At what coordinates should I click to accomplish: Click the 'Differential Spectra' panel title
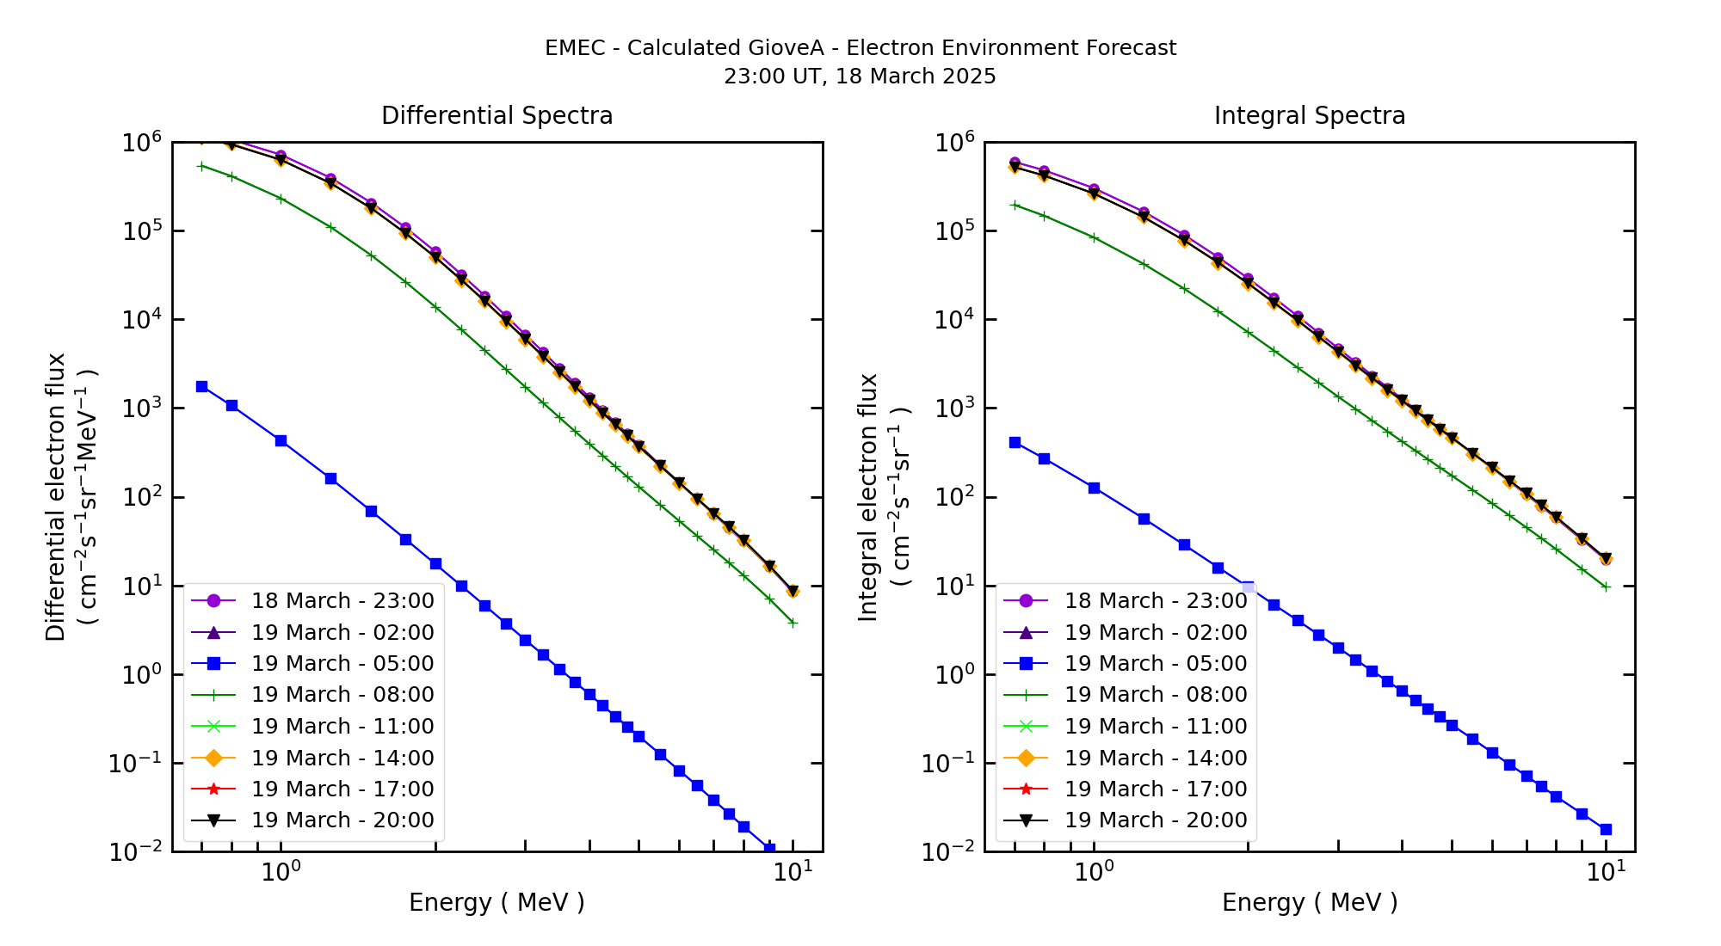tap(497, 116)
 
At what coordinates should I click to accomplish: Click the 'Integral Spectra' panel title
tap(1309, 116)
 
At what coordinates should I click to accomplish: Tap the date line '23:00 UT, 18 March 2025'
tap(860, 77)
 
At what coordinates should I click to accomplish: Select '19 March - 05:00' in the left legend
tap(342, 664)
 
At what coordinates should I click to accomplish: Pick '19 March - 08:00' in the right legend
tap(1155, 695)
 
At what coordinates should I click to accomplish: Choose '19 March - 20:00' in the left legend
tap(342, 820)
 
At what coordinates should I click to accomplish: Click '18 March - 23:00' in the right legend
tap(1155, 601)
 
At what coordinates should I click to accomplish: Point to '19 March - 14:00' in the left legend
tap(342, 758)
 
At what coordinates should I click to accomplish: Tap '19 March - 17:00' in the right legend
tap(1155, 789)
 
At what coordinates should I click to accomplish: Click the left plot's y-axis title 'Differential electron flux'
tap(56, 496)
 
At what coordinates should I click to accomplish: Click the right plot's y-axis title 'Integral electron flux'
tap(868, 496)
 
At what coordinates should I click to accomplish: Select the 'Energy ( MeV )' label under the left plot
tap(497, 902)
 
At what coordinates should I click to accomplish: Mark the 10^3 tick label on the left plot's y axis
tap(143, 408)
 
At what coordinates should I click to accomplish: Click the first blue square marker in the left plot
tap(201, 387)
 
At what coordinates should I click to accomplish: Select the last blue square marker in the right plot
tap(1606, 829)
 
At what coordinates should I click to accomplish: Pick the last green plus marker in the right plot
tap(1606, 587)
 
